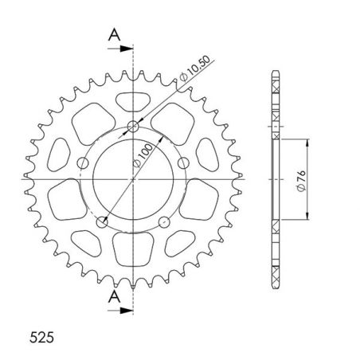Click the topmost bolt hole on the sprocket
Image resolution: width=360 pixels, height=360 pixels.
(x=134, y=126)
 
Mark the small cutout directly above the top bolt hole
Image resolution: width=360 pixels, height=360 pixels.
(x=133, y=102)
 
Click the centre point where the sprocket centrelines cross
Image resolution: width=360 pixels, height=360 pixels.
(x=134, y=180)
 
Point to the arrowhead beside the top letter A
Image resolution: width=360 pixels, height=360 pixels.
(x=128, y=49)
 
